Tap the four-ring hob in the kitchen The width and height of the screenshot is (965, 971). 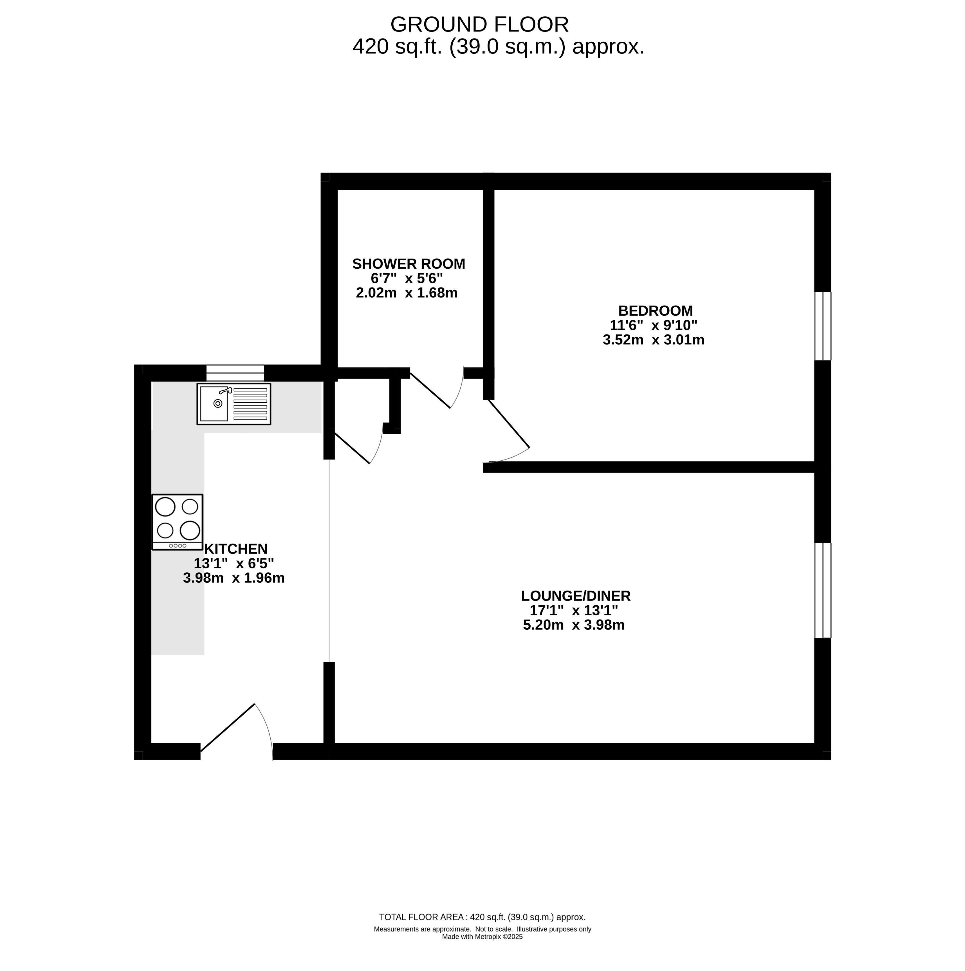pyautogui.click(x=178, y=522)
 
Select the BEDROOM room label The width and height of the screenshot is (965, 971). pyautogui.click(x=656, y=311)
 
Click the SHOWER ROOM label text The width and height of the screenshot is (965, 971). pyautogui.click(x=409, y=264)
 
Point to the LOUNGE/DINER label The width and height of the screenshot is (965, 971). pyautogui.click(x=575, y=596)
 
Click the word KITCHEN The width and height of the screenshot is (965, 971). pyautogui.click(x=236, y=549)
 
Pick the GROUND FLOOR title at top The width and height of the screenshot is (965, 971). pyautogui.click(x=479, y=24)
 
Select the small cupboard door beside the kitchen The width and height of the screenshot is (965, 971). pyautogui.click(x=352, y=448)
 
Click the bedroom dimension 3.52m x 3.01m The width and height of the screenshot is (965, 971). pyautogui.click(x=653, y=340)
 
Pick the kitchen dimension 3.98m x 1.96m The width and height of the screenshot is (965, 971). pyautogui.click(x=234, y=578)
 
